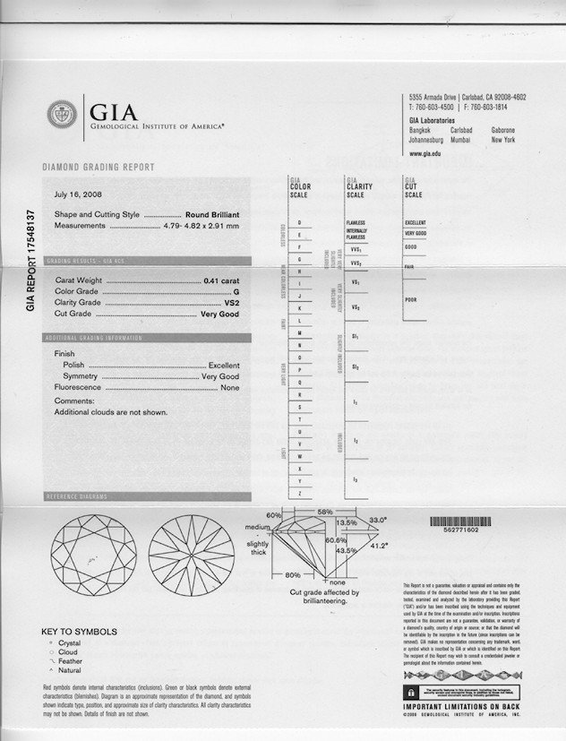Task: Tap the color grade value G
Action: pos(236,292)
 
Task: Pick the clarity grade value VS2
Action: pos(231,303)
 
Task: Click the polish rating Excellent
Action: pos(224,366)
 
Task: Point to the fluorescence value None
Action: pos(230,387)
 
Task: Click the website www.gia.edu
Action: pos(424,154)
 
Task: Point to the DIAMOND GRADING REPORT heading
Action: pos(99,168)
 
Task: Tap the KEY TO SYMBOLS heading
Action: pos(79,632)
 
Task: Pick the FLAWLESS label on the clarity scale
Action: pos(356,222)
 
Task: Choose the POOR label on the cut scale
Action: pos(411,299)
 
